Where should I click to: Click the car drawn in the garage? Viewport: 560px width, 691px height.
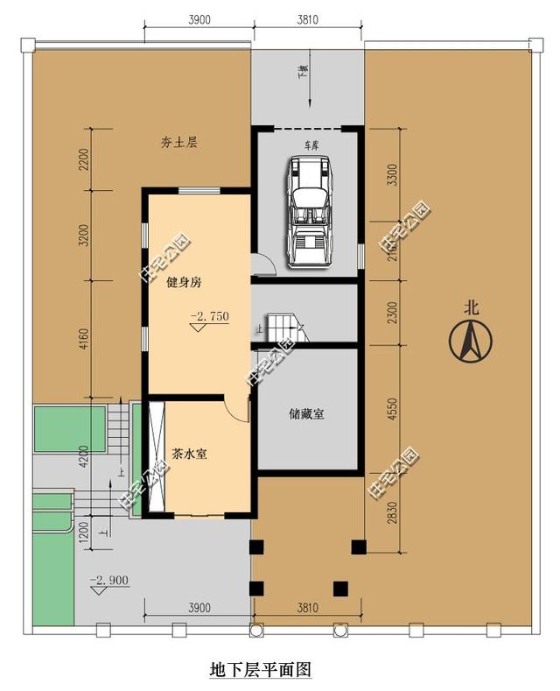click(x=307, y=209)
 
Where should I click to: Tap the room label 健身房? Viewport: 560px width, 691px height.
click(x=184, y=283)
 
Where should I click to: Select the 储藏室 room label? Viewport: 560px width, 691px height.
click(x=306, y=414)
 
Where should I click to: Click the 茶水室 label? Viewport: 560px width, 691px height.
click(x=189, y=455)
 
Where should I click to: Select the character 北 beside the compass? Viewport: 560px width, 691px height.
click(x=472, y=307)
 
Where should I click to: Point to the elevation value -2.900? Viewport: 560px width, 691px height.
click(x=109, y=580)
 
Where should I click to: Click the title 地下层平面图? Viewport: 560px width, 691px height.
click(x=261, y=670)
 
